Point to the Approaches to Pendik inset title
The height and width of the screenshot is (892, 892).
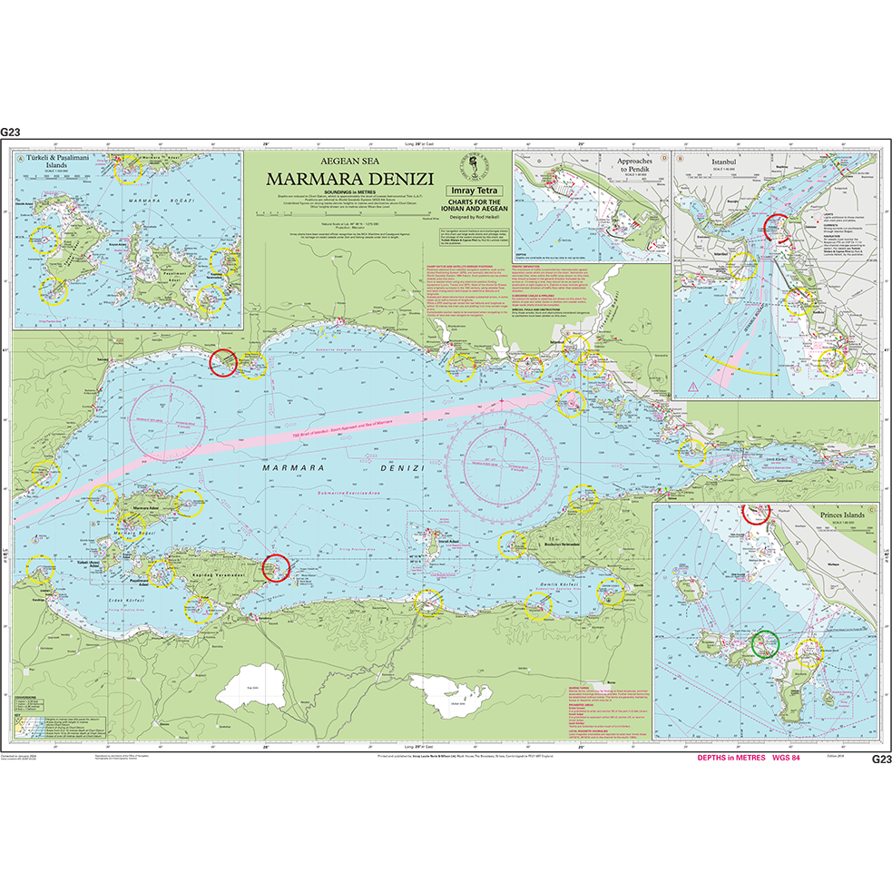[x=642, y=166]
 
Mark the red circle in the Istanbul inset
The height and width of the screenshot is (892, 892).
[x=778, y=227]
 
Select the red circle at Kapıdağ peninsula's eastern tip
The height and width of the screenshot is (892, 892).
[x=274, y=568]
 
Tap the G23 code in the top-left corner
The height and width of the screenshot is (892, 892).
[x=11, y=132]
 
